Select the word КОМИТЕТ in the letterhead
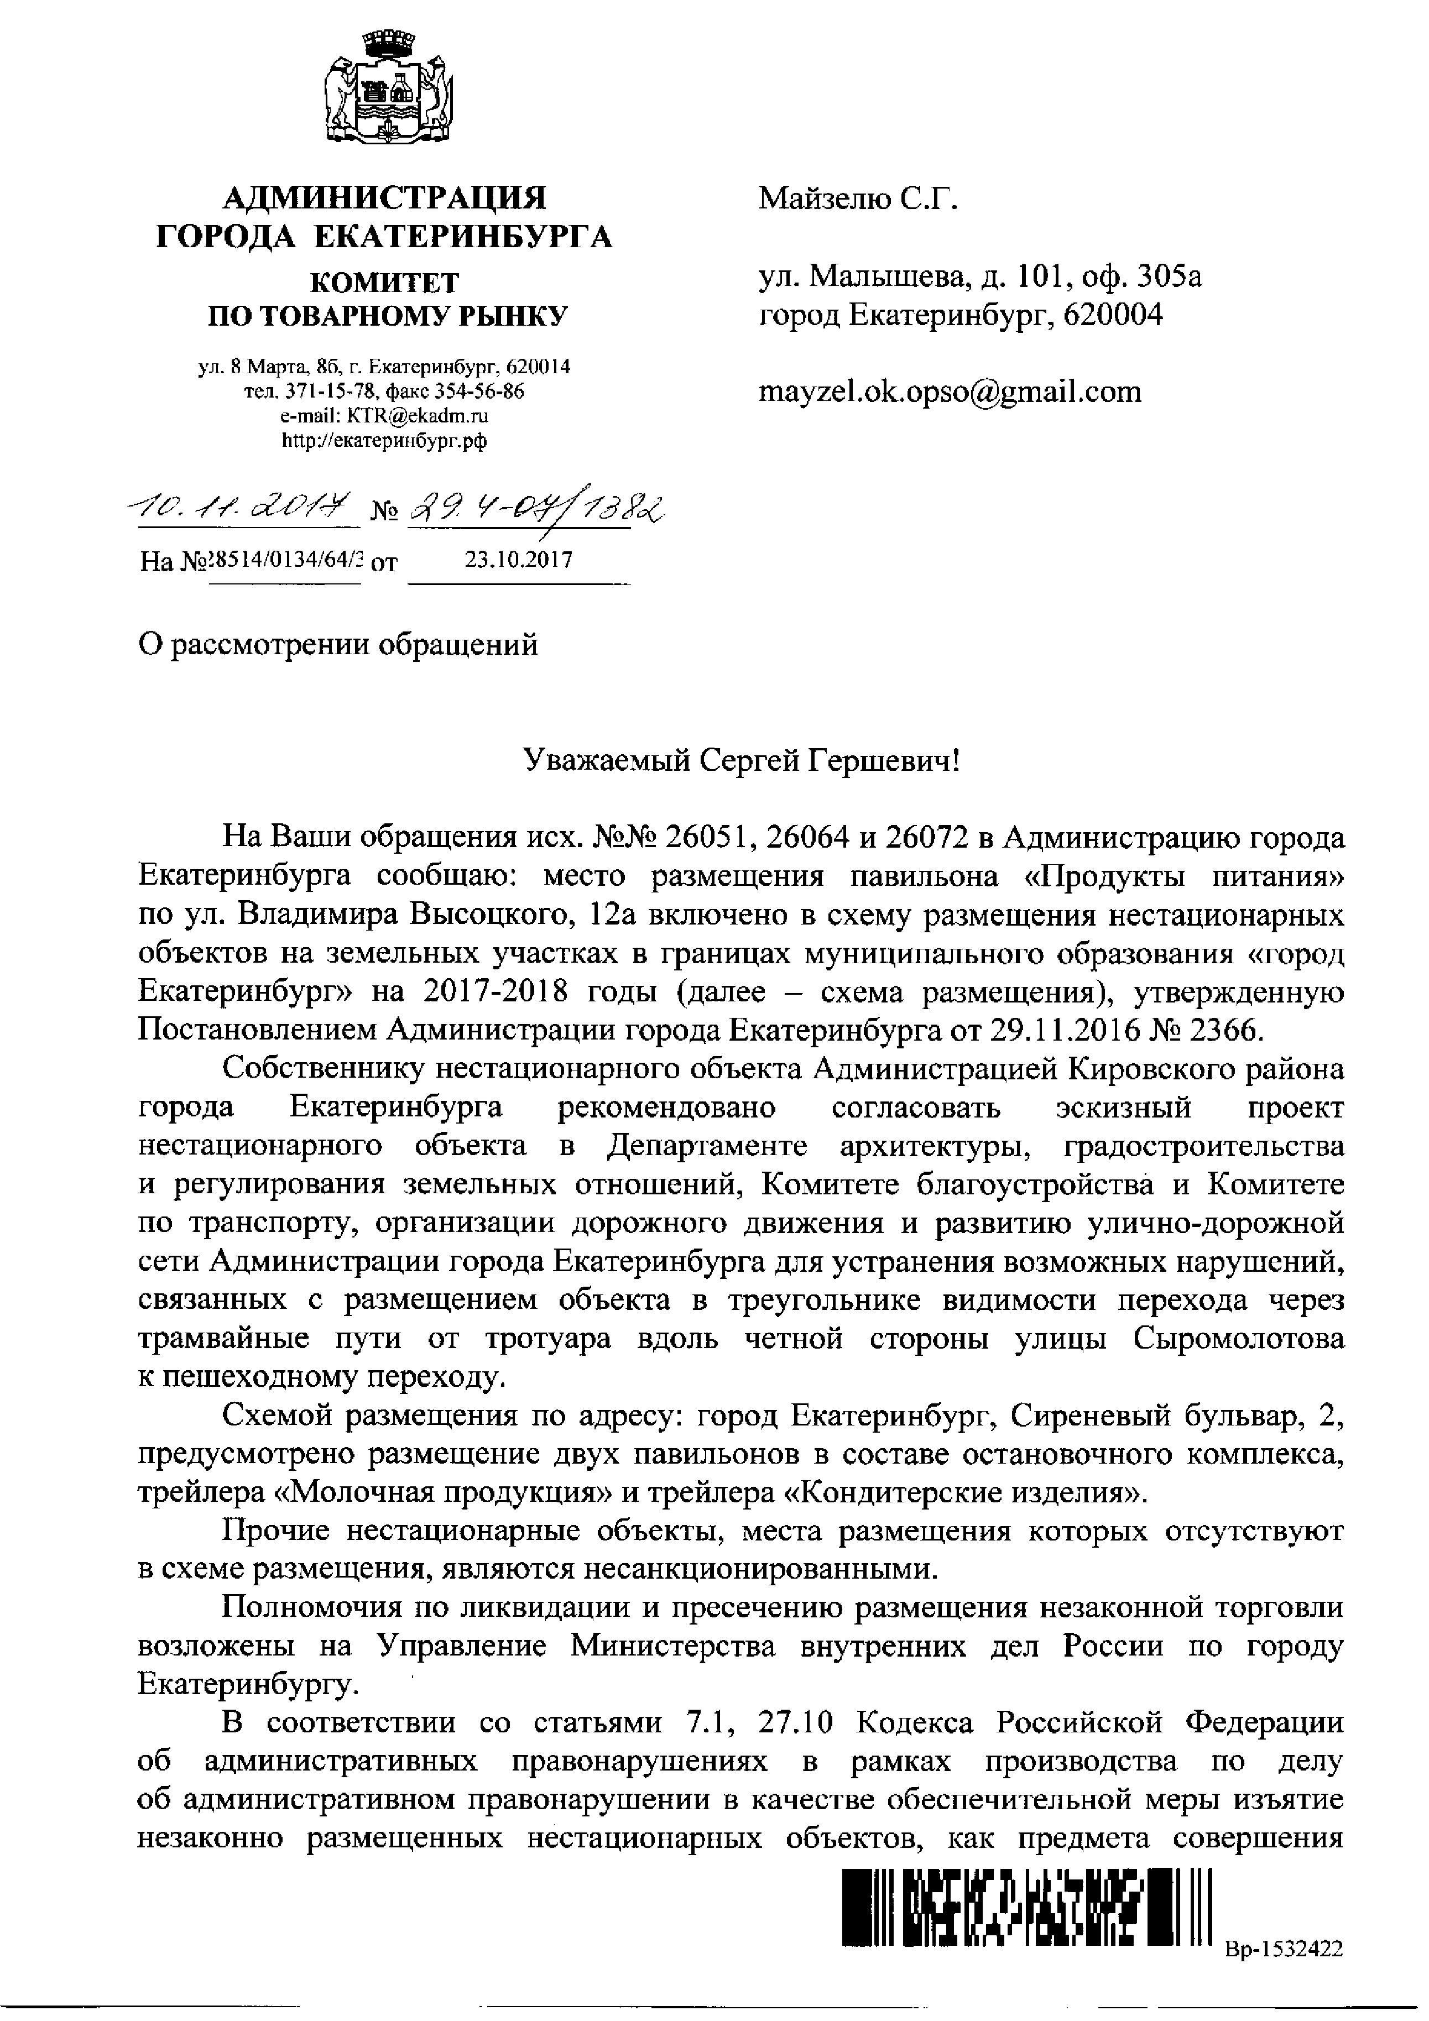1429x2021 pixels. pyautogui.click(x=385, y=281)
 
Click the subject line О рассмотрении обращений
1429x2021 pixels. pyautogui.click(x=338, y=645)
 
